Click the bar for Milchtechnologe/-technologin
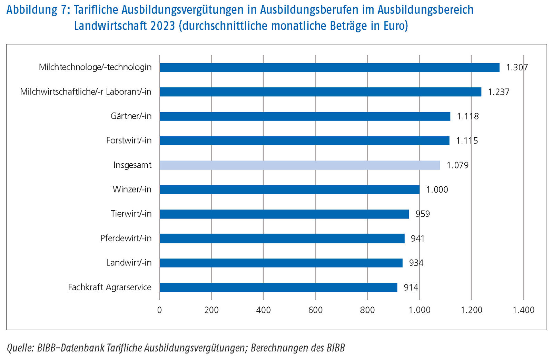329,67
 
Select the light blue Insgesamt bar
300,165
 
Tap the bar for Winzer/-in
289,189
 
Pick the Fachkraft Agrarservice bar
278,287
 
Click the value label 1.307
516,67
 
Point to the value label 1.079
457,165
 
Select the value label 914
411,288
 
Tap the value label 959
423,214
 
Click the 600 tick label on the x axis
315,310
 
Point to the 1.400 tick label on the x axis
523,310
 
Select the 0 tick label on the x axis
159,310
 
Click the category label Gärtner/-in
131,116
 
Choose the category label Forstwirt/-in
129,140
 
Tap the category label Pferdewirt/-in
126,238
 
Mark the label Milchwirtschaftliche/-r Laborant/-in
86,92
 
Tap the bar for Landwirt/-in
281,263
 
